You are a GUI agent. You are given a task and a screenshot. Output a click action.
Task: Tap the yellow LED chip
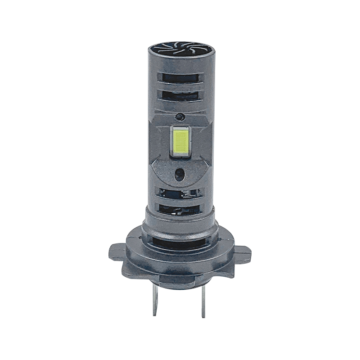pyautogui.click(x=180, y=140)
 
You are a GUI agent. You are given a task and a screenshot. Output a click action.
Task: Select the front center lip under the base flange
pyautogui.click(x=180, y=274)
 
